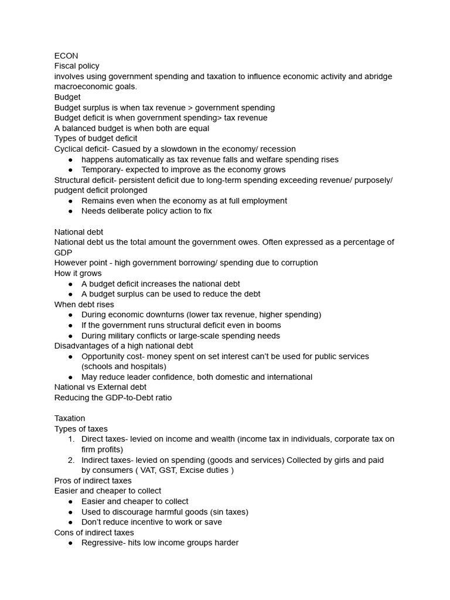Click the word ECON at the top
click(x=66, y=56)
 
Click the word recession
click(x=275, y=149)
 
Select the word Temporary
click(x=103, y=170)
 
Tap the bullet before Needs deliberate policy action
click(x=71, y=211)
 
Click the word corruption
click(x=296, y=262)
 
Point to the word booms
click(x=269, y=325)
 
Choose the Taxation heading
click(x=70, y=418)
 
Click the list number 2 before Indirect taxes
click(x=70, y=460)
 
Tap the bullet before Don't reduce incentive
click(x=71, y=522)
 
